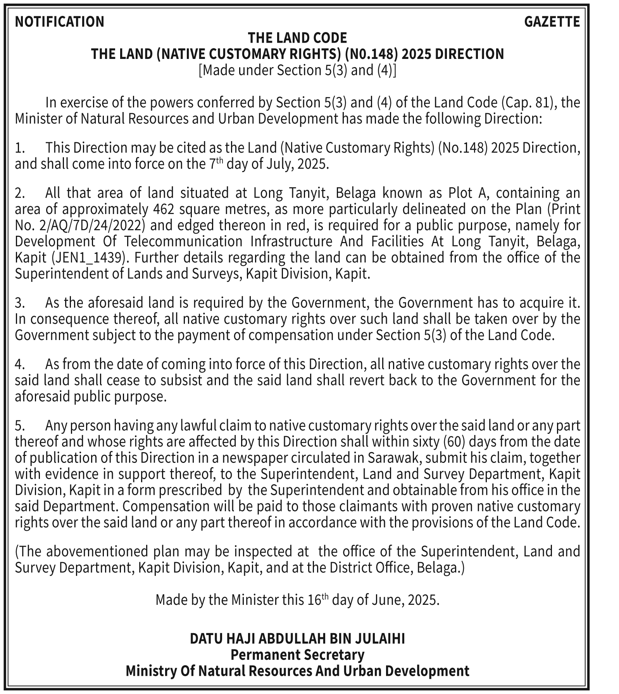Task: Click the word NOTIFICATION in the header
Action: click(59, 22)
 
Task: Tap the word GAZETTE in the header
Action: click(552, 22)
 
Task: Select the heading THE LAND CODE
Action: click(297, 38)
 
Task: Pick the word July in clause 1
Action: click(279, 164)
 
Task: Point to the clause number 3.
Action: click(19, 303)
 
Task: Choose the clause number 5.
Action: click(19, 426)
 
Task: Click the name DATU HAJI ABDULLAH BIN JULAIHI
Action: click(297, 639)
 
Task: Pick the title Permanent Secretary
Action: click(297, 655)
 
